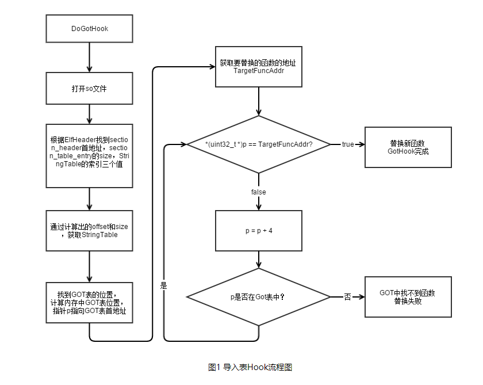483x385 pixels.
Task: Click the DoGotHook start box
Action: point(89,28)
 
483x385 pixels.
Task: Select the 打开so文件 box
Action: point(89,89)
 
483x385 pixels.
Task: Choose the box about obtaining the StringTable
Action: point(89,231)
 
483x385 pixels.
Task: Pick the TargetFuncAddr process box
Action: point(259,67)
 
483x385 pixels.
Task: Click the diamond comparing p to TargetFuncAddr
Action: point(259,144)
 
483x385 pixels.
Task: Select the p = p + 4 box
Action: point(259,231)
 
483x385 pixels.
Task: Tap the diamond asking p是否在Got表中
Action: point(259,297)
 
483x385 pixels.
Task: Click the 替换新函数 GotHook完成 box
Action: point(408,147)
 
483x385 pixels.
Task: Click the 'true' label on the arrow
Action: point(348,144)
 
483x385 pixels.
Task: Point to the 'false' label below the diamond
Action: point(259,192)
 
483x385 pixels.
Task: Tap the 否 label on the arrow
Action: point(347,297)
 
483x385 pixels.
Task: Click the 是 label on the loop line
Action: point(163,285)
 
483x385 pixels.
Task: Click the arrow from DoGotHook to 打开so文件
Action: point(89,58)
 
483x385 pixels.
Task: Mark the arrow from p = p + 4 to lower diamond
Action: point(259,260)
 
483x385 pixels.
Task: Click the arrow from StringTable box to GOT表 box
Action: point(89,266)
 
